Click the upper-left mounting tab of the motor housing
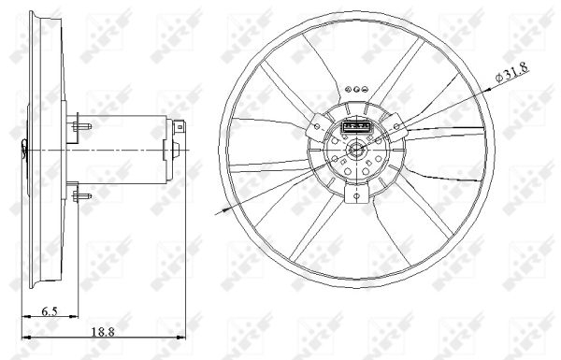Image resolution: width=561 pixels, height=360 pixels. point(315,122)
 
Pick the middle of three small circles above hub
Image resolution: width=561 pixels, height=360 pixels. point(357,85)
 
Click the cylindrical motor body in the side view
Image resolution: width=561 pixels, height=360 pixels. point(131,146)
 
